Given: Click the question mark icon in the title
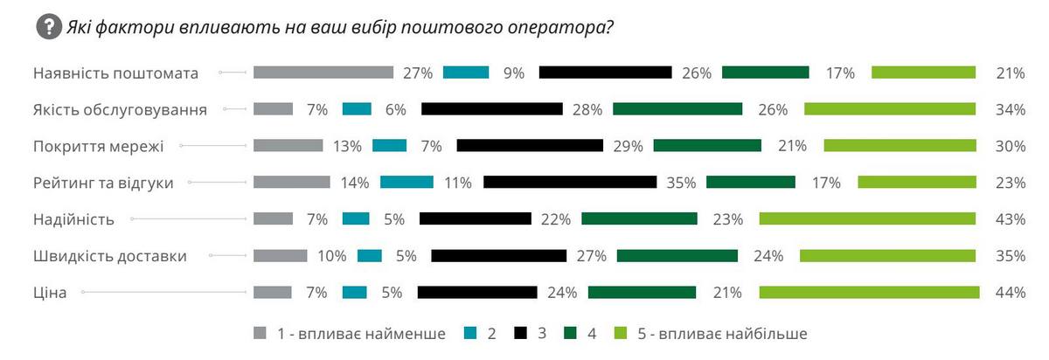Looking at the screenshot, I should (x=48, y=26).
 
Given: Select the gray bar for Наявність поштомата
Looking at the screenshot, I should (x=323, y=73).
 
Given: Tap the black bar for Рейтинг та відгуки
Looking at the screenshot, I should (x=570, y=182).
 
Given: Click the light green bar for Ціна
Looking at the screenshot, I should (x=867, y=292).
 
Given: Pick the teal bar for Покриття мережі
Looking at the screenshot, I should (x=389, y=145).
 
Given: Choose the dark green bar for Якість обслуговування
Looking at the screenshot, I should (x=677, y=109).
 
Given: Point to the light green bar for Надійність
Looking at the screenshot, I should (x=867, y=218).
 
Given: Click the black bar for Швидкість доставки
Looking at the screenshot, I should (x=499, y=255).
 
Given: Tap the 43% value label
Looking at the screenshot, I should (x=1010, y=219).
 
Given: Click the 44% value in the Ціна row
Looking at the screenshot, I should (x=1010, y=293).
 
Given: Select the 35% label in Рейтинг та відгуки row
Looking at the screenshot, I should (x=680, y=183).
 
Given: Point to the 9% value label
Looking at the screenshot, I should (x=513, y=73).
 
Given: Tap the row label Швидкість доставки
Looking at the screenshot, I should (x=110, y=256).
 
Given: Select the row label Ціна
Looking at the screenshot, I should (x=50, y=293).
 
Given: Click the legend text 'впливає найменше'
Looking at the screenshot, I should (x=367, y=334).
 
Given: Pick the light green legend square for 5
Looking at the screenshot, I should (x=622, y=333).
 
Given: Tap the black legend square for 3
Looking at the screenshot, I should (x=521, y=333).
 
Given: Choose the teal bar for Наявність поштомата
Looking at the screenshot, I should (x=466, y=73).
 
